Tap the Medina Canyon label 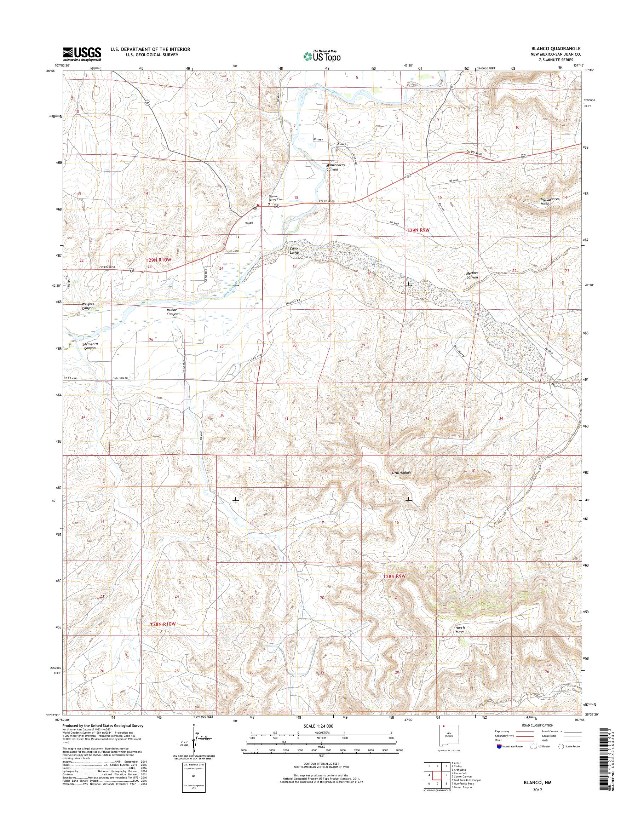(472, 275)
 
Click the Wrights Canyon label (87, 306)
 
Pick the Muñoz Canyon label (172, 312)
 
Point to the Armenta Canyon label (90, 346)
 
